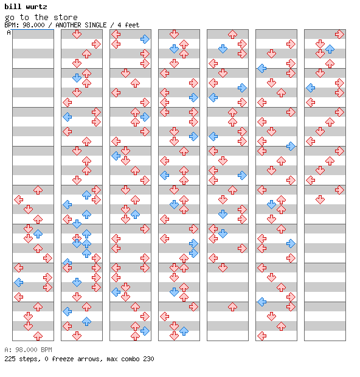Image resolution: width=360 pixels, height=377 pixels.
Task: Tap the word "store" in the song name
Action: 66,17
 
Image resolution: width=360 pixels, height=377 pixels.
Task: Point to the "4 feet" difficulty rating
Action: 128,25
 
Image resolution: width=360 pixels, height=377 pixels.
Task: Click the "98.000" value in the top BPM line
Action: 33,25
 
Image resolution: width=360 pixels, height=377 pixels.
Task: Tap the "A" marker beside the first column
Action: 9,32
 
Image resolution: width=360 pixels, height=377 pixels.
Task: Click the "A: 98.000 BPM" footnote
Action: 28,350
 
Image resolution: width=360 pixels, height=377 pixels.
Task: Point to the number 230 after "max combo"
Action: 148,359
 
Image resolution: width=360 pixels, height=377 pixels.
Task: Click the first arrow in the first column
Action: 38,190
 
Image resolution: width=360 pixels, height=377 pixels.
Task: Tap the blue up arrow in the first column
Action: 38,233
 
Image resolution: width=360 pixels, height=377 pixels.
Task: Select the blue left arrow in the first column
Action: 18,282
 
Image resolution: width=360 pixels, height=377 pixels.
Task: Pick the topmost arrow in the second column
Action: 77,34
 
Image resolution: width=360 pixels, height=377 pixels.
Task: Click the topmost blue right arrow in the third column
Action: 145,39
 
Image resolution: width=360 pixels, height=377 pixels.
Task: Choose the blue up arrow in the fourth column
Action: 184,331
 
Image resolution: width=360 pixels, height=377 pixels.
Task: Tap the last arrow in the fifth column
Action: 232,307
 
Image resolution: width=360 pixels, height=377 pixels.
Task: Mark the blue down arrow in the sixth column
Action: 271,204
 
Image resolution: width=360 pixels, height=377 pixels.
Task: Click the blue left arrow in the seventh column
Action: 311,88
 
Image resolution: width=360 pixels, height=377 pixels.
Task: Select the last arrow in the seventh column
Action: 320,199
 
